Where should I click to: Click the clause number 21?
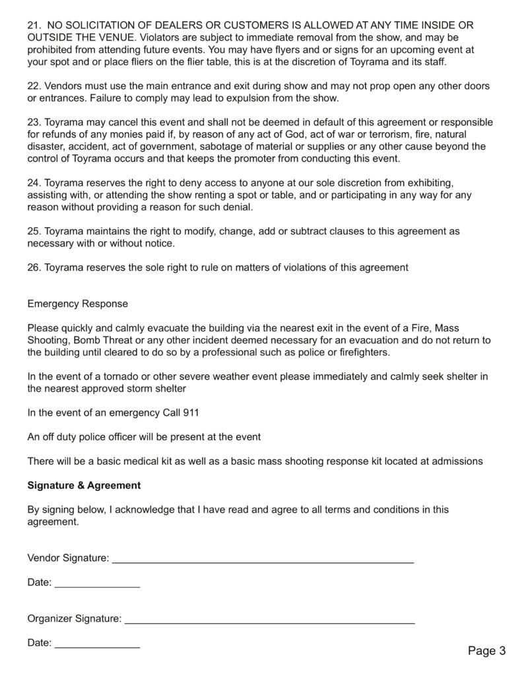click(34, 26)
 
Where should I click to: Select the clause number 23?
click(34, 123)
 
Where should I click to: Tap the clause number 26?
click(34, 267)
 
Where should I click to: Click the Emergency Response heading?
click(78, 304)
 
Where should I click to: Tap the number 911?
click(191, 413)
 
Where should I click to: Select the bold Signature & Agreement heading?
click(84, 485)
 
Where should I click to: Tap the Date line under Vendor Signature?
click(97, 584)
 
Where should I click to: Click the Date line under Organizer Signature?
click(97, 644)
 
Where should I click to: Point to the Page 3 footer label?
click(486, 651)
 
